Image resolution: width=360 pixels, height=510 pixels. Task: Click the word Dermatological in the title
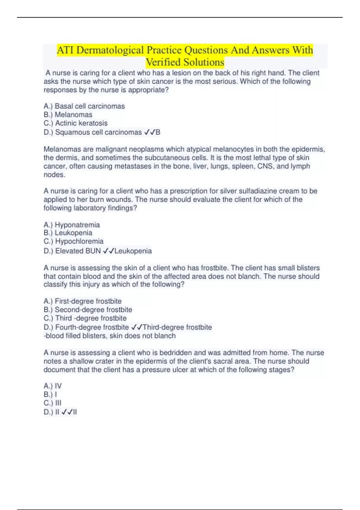pyautogui.click(x=110, y=50)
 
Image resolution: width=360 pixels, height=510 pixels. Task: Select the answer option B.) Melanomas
pyautogui.click(x=68, y=115)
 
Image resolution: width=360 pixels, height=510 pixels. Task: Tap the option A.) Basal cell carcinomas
pyautogui.click(x=84, y=106)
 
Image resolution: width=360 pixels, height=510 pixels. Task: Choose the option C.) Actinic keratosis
pyautogui.click(x=75, y=123)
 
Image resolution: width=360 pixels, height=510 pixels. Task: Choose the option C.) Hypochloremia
pyautogui.click(x=73, y=241)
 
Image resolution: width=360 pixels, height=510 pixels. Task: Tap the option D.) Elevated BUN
pyautogui.click(x=72, y=251)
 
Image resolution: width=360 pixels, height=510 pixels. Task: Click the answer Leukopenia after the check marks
pyautogui.click(x=133, y=251)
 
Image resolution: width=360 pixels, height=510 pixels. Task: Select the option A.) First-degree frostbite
pyautogui.click(x=82, y=301)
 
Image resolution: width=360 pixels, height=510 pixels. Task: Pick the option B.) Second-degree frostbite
pyautogui.click(x=88, y=310)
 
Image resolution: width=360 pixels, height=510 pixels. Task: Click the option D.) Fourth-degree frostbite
pyautogui.click(x=86, y=327)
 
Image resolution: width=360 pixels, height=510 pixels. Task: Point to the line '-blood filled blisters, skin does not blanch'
pyautogui.click(x=109, y=336)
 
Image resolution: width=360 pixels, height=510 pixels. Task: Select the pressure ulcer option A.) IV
pyautogui.click(x=52, y=386)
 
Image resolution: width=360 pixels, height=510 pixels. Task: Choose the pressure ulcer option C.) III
pyautogui.click(x=52, y=403)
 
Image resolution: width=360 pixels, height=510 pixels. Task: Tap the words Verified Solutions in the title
pyautogui.click(x=185, y=62)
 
